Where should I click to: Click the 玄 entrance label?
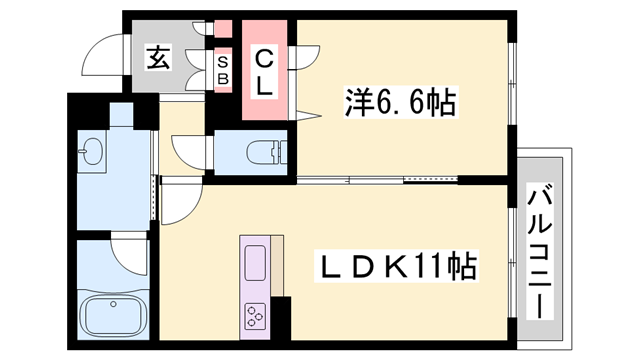pyautogui.click(x=159, y=57)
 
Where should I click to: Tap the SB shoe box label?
pyautogui.click(x=223, y=69)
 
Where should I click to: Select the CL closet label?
pyautogui.click(x=263, y=72)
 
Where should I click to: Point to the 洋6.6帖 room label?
pyautogui.click(x=401, y=101)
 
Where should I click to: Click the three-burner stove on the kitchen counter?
pyautogui.click(x=254, y=315)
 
